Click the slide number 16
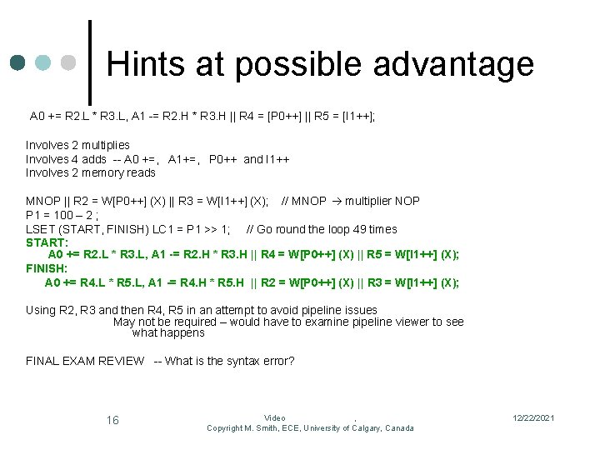[112, 420]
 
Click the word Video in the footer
[275, 418]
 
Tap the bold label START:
[46, 242]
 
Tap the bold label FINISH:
[47, 269]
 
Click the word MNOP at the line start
[42, 201]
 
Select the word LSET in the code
[40, 229]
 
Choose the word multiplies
[106, 145]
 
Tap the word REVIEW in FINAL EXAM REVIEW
[122, 361]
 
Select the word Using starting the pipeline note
[41, 310]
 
